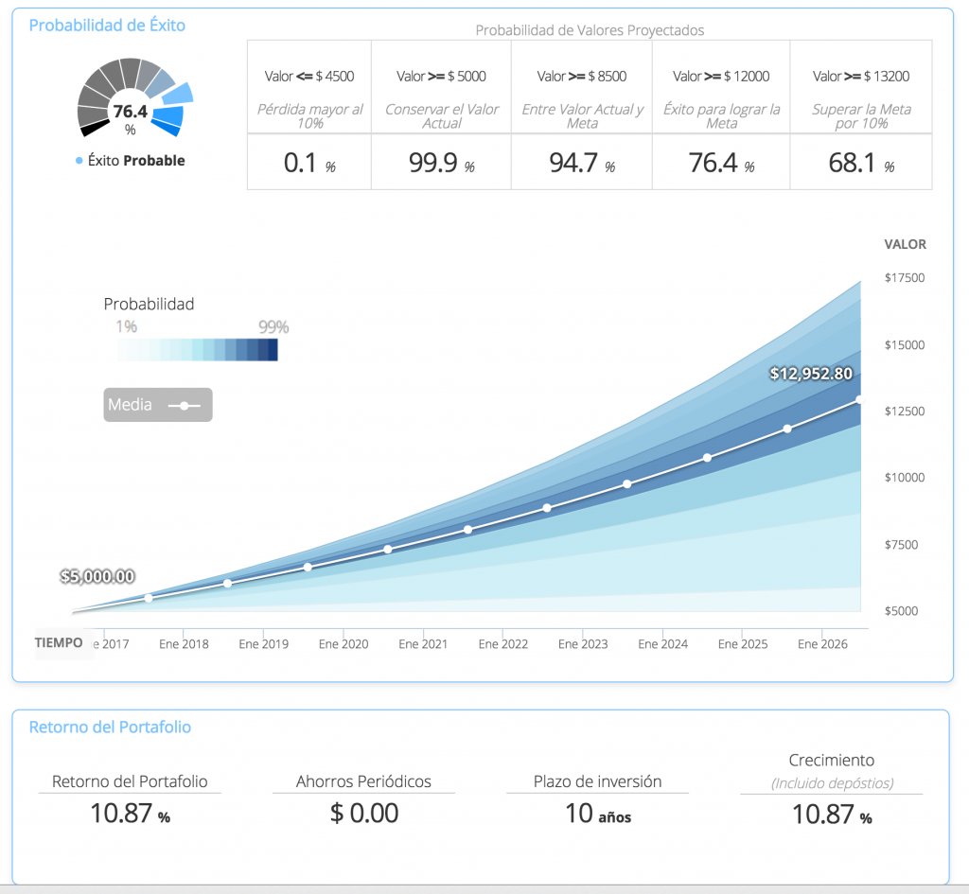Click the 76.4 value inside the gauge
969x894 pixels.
tap(130, 112)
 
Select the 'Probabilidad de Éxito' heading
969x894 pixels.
tap(107, 26)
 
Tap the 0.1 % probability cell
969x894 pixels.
tap(309, 163)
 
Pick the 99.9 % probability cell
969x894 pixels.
tap(440, 163)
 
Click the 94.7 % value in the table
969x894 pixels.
tap(581, 163)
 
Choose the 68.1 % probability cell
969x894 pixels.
tap(860, 163)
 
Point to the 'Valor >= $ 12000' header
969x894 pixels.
tap(721, 76)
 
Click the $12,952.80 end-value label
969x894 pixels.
tap(811, 374)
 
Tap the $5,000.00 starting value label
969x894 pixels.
tap(97, 575)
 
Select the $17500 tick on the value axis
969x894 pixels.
tap(904, 278)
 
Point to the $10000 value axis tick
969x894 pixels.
tap(904, 478)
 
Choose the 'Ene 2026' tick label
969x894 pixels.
tap(821, 644)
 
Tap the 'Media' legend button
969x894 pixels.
tap(158, 405)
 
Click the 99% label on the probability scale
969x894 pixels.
tap(273, 327)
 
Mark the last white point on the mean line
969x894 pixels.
tap(859, 399)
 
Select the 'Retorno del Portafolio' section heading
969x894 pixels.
tap(110, 727)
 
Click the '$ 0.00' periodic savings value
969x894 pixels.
tap(364, 813)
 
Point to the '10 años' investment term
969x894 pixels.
tap(597, 814)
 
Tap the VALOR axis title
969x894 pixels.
tap(905, 244)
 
